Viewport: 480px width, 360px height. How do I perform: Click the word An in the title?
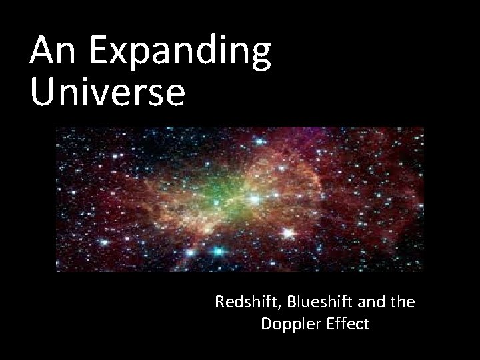(51, 51)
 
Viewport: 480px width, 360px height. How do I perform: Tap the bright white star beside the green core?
(254, 198)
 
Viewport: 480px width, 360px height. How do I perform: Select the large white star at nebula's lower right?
(288, 233)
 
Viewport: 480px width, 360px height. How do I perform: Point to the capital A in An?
(42, 51)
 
